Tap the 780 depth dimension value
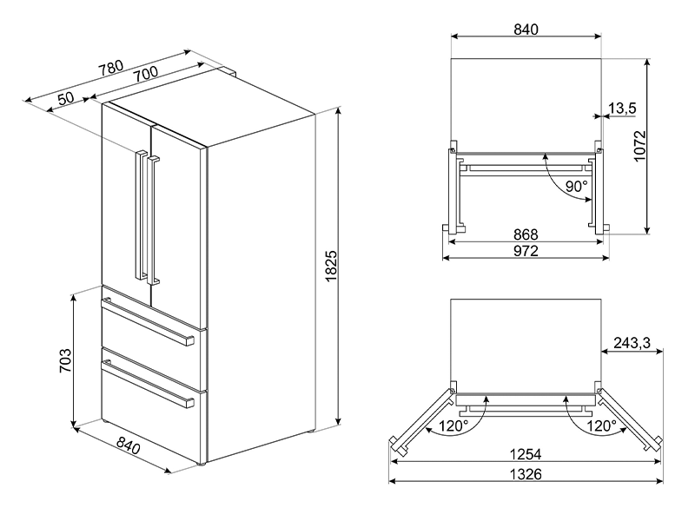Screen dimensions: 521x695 pos(110,69)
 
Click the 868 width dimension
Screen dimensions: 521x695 pos(525,235)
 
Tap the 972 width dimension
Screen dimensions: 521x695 pos(525,252)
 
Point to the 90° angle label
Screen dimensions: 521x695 pos(577,185)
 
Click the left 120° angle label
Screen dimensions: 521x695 pos(452,426)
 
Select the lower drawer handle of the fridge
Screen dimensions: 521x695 pos(148,383)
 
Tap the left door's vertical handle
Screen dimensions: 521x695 pos(137,213)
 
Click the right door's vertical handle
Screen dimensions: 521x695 pos(154,221)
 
